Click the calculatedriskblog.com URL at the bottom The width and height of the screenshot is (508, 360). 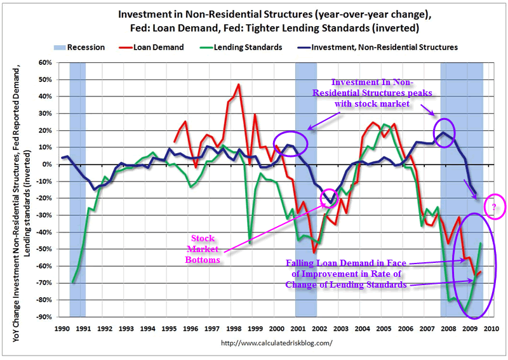coord(276,343)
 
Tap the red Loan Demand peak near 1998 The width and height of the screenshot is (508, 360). coord(239,84)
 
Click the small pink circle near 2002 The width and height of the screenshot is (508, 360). coord(330,199)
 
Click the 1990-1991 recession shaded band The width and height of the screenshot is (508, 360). coord(77,190)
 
